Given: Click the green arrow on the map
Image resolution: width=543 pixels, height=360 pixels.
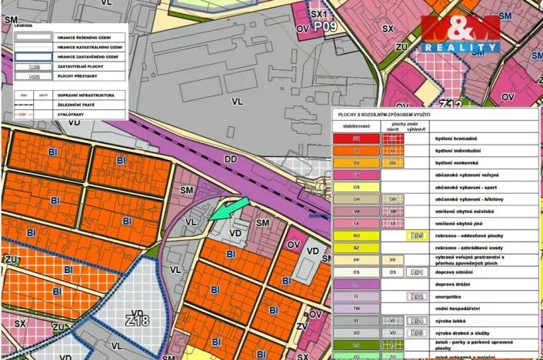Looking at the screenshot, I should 230,208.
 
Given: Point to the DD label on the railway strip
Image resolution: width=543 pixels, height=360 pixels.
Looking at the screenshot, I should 230,158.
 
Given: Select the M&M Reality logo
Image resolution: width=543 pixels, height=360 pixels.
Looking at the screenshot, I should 460,34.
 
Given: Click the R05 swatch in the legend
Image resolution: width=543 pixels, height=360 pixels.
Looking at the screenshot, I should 417,236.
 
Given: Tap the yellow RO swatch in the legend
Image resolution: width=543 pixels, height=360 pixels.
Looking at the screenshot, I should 355,236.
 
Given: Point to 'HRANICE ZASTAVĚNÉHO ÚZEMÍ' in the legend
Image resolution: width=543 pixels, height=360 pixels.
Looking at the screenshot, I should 88,56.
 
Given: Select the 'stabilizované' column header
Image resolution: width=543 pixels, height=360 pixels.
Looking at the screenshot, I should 356,125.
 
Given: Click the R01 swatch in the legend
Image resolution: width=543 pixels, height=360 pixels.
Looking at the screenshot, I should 417,272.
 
